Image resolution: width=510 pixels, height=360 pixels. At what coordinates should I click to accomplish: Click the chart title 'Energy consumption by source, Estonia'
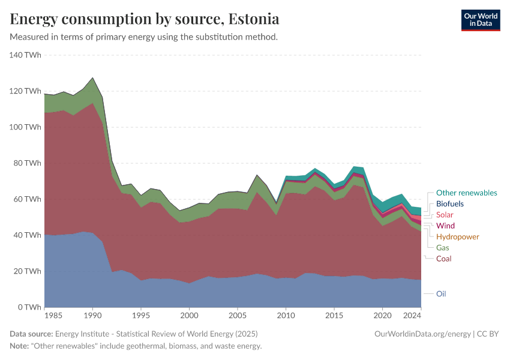pyautogui.click(x=145, y=19)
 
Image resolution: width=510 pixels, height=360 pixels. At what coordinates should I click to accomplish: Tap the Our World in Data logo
pyautogui.click(x=480, y=20)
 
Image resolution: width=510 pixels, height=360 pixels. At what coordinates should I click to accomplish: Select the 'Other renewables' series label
pyautogui.click(x=466, y=193)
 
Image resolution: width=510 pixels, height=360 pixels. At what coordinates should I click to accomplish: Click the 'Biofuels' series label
pyautogui.click(x=449, y=204)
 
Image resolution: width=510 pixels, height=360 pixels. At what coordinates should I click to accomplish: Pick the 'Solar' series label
pyautogui.click(x=445, y=215)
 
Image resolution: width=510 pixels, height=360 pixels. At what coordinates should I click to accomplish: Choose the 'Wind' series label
pyautogui.click(x=445, y=226)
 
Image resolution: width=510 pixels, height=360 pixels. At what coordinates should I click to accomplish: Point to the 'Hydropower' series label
pyautogui.click(x=457, y=237)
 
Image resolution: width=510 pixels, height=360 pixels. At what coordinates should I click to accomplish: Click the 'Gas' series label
pyautogui.click(x=442, y=248)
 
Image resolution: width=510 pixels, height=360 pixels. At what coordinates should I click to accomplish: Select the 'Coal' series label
pyautogui.click(x=443, y=259)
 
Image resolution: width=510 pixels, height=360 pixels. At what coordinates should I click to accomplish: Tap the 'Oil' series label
pyautogui.click(x=441, y=294)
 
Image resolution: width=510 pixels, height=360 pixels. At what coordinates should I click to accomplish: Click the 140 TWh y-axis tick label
pyautogui.click(x=25, y=55)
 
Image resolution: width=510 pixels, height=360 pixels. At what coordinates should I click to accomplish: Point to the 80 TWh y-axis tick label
pyautogui.click(x=26, y=163)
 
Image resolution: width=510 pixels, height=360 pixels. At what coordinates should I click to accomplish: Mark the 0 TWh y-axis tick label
pyautogui.click(x=29, y=307)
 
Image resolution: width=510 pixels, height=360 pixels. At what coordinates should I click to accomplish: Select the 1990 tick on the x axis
pyautogui.click(x=92, y=315)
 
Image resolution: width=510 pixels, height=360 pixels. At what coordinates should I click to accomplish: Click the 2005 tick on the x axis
pyautogui.click(x=238, y=315)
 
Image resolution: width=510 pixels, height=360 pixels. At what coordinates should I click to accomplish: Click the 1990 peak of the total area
pyautogui.click(x=92, y=77)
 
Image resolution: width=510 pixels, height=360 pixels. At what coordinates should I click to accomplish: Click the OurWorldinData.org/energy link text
pyautogui.click(x=422, y=334)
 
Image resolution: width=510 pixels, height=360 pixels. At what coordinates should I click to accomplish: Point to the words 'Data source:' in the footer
pyautogui.click(x=31, y=334)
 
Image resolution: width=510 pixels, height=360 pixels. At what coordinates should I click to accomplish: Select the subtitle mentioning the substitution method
pyautogui.click(x=143, y=37)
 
